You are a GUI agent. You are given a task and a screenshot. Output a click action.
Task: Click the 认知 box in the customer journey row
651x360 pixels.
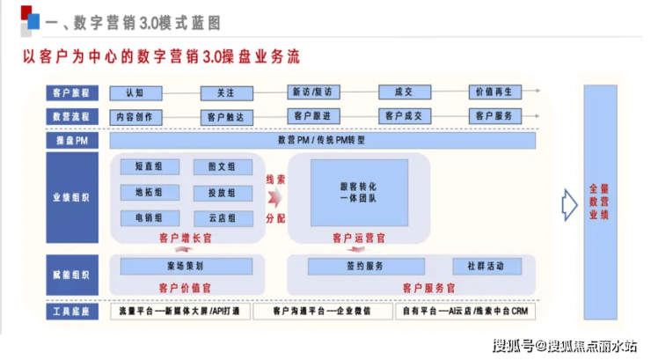click(134, 92)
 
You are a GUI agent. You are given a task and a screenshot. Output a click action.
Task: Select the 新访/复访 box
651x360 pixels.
click(312, 92)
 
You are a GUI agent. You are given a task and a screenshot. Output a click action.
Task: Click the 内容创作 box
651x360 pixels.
click(134, 116)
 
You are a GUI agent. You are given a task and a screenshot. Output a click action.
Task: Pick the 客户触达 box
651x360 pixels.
click(226, 116)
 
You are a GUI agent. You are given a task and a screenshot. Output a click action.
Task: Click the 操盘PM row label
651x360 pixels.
click(72, 140)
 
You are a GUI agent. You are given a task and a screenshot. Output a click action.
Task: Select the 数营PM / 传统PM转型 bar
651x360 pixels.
click(322, 140)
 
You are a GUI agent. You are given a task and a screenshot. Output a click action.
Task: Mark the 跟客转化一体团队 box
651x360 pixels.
click(358, 193)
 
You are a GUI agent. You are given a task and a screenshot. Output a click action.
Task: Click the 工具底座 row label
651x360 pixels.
click(72, 312)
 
